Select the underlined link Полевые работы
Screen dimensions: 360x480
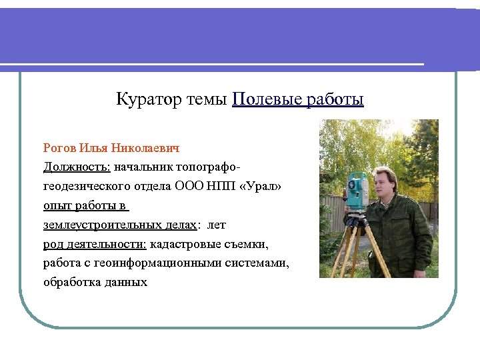click(x=298, y=100)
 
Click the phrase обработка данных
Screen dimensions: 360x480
click(x=95, y=282)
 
